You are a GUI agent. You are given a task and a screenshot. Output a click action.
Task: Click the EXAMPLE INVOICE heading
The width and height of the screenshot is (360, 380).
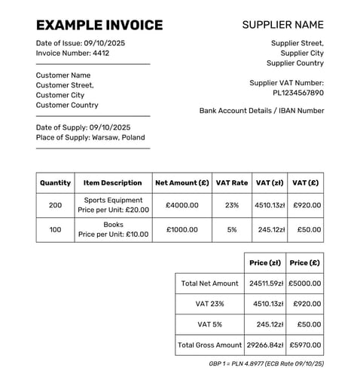point(99,25)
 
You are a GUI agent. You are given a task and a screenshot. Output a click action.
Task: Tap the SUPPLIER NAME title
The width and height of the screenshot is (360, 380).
point(282,25)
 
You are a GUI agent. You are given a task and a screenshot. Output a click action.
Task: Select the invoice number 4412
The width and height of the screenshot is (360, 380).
point(100,54)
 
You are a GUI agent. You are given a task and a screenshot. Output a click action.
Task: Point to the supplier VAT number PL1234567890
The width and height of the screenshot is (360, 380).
point(298,93)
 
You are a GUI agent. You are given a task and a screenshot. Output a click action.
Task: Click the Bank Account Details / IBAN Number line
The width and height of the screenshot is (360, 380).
point(261,111)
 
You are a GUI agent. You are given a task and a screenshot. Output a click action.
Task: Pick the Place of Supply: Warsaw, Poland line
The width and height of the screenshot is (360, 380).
point(90,137)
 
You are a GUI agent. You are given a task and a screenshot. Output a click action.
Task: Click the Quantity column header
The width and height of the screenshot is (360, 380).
point(55,182)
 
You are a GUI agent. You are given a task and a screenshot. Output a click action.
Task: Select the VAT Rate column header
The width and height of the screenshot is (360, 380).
point(231,182)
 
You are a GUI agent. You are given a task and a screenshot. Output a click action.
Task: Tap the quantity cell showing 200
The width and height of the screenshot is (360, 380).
point(55,205)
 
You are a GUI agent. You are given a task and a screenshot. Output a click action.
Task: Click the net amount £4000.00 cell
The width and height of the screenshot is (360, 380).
point(182,205)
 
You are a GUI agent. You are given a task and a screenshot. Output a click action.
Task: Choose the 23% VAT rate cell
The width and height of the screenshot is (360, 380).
point(231,205)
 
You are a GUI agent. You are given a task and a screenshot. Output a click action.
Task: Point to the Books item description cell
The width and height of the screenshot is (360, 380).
point(113,229)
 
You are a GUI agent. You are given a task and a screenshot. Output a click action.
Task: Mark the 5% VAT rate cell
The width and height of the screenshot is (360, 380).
point(231,229)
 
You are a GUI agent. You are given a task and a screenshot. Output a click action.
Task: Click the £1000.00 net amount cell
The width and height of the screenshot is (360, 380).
point(182,229)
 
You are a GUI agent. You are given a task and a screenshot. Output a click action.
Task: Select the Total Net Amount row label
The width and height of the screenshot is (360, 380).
point(210,283)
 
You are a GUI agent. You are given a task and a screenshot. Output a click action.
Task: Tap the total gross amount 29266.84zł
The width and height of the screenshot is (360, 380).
point(265,345)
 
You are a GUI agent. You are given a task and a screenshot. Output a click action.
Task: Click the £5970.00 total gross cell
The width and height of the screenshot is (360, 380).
point(304,345)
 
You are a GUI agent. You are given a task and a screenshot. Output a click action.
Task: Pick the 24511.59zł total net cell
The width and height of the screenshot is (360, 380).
point(265,283)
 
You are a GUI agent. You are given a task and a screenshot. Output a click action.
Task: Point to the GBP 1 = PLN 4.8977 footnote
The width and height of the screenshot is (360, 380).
point(266,364)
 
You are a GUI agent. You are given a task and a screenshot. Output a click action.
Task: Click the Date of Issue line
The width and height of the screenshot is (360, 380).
point(81,43)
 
